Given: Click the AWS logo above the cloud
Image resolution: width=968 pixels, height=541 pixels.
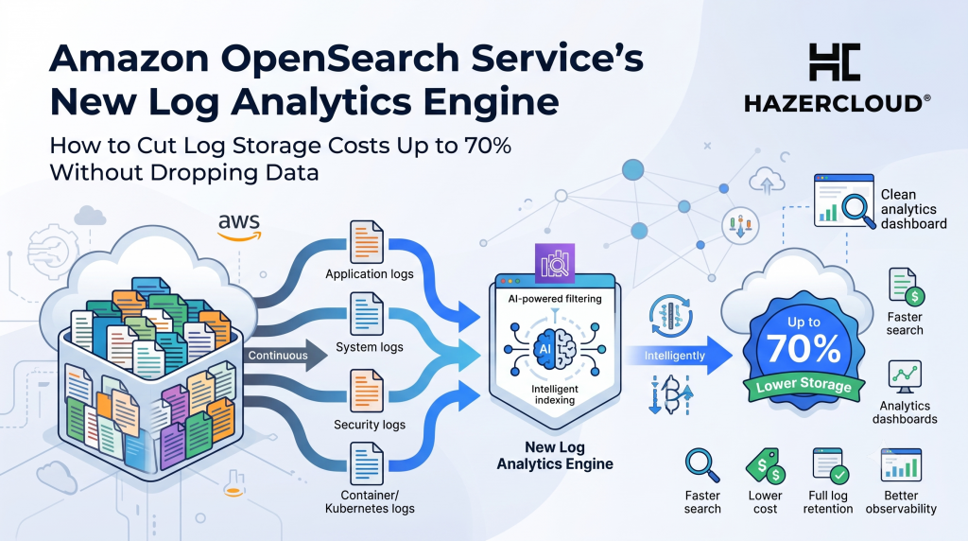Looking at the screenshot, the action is [239, 227].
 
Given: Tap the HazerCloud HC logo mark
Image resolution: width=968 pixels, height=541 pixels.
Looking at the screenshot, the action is [834, 61].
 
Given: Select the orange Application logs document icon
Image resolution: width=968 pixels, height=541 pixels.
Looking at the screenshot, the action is [367, 242].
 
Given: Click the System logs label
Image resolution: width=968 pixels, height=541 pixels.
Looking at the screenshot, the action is [370, 347].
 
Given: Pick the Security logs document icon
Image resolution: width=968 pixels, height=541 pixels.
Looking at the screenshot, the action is [367, 391].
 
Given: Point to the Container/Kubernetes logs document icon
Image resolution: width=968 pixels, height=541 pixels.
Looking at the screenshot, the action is [367, 463].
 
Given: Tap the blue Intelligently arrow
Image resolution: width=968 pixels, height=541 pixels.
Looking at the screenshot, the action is [679, 355].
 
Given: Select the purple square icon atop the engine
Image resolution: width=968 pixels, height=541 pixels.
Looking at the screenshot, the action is [554, 263].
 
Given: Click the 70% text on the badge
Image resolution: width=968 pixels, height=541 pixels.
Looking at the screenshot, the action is [804, 349].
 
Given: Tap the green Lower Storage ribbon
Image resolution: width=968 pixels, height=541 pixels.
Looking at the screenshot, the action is [804, 386].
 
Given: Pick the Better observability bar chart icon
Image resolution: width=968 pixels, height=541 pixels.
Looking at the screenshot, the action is [901, 465].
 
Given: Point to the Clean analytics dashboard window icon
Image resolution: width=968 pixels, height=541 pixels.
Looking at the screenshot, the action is [843, 201].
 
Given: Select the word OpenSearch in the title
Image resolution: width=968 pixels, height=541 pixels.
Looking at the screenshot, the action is [340, 59].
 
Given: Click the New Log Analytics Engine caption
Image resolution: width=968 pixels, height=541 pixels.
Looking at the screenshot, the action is [555, 456].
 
